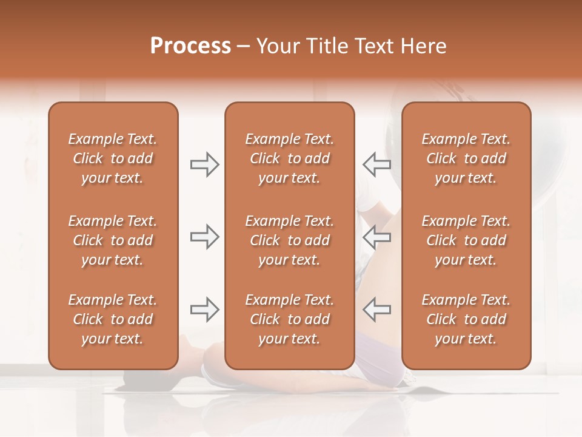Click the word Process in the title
pos(190,46)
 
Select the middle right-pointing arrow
pos(204,237)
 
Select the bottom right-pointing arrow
pos(204,309)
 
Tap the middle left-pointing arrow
pos(377,237)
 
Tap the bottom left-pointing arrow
pos(377,309)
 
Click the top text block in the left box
pos(113,158)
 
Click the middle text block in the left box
pos(113,240)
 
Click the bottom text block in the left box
pos(113,319)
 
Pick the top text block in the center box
pos(290,158)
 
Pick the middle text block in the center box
pos(290,240)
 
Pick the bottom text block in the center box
pos(290,319)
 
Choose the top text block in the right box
pos(466,158)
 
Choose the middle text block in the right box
pos(466,240)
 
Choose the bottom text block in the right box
pos(466,319)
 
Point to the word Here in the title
pos(424,46)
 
